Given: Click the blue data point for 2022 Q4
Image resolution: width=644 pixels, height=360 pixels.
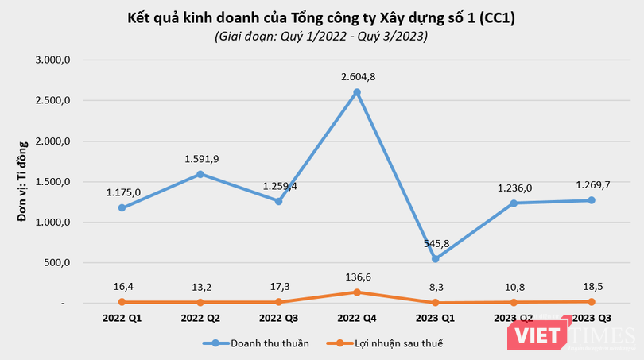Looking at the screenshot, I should coord(357,92).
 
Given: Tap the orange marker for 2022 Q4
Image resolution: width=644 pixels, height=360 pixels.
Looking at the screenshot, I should coord(357,292).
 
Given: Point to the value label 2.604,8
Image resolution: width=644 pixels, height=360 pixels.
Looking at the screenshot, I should coord(357,76).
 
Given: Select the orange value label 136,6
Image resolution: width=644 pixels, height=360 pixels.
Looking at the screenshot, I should coord(357,275).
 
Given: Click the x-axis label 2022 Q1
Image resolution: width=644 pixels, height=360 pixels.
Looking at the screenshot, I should coord(122,318).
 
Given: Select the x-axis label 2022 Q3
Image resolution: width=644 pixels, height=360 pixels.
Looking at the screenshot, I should coord(279,318).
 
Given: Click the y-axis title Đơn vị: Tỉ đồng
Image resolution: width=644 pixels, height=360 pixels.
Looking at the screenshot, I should coord(24,181).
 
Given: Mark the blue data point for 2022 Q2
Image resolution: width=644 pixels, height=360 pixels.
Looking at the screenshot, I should coord(200,174).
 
